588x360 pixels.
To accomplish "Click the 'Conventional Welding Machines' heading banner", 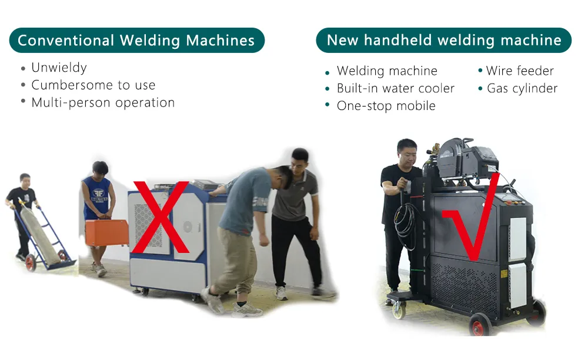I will click(x=136, y=41).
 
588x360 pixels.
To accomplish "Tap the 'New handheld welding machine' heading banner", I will click(x=444, y=41).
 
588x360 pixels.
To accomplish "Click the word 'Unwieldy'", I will click(x=59, y=68).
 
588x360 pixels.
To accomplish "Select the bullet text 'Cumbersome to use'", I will click(x=93, y=85).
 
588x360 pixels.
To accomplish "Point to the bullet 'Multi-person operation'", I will click(x=103, y=103).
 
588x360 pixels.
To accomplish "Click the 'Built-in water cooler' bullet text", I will click(x=395, y=89).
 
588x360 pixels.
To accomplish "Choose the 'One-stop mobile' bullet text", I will click(x=386, y=106).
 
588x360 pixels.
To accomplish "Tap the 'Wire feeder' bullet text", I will click(x=520, y=71).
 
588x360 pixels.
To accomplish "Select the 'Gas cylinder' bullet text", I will click(x=522, y=89).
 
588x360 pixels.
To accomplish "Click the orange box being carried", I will click(x=106, y=232).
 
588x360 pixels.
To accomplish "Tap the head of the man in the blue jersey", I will click(x=100, y=169).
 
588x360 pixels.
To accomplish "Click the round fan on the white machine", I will click(x=187, y=228).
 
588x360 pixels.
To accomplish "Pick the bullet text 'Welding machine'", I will click(x=387, y=71).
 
